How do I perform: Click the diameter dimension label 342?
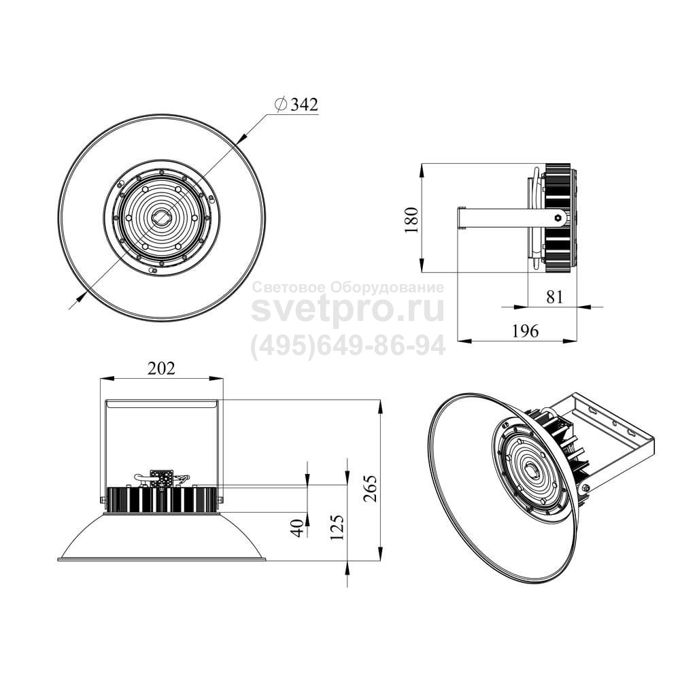304,105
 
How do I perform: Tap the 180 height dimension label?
411,220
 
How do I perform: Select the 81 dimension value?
554,297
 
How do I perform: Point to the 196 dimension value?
525,331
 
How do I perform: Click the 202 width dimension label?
161,368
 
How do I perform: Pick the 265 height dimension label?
371,489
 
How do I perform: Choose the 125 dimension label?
337,527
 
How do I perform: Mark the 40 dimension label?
298,528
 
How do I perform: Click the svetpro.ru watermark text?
348,310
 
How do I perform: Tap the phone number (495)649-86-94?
348,345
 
